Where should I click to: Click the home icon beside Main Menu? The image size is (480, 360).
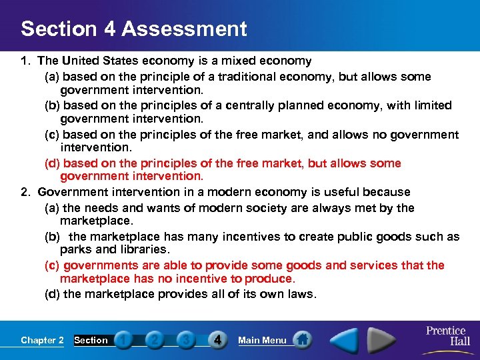pos(302,340)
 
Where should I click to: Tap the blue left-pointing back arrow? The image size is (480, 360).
pos(345,340)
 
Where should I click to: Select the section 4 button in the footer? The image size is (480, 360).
pos(217,340)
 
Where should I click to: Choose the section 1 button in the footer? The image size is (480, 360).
pos(123,340)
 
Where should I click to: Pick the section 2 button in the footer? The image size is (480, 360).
pos(154,340)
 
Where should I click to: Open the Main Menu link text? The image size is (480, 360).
pos(262,340)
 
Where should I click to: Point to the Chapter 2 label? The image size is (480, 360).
pos(42,340)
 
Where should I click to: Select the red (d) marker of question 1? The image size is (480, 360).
pos(51,163)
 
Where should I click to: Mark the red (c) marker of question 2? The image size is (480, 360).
pos(51,265)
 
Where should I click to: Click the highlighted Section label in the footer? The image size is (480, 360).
pos(91,340)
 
